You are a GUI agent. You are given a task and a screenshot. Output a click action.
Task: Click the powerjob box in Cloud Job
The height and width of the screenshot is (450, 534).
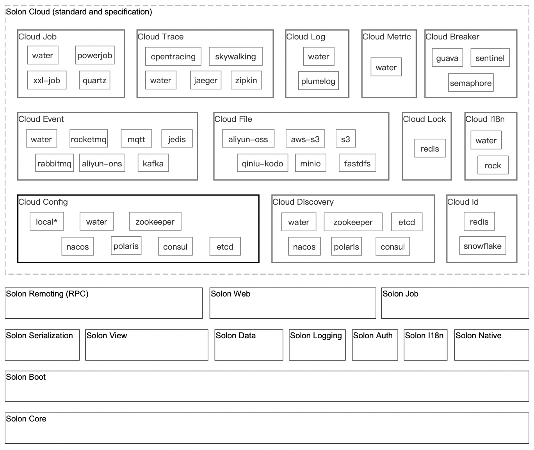tap(95, 55)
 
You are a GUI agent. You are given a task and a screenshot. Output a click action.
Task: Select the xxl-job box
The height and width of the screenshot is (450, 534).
tap(47, 80)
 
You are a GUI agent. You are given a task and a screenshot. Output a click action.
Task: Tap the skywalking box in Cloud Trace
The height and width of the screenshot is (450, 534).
tap(235, 56)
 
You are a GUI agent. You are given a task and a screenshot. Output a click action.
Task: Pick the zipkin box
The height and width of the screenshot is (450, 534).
tap(246, 80)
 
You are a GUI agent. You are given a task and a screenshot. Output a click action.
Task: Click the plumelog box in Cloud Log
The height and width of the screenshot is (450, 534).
tap(319, 81)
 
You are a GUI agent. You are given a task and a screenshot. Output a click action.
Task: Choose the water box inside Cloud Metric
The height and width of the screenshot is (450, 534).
tap(386, 67)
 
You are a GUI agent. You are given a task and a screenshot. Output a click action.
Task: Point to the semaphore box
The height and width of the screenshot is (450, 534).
tap(471, 83)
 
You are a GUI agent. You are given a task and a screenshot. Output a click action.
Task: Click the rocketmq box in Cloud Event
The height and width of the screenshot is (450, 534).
tap(89, 139)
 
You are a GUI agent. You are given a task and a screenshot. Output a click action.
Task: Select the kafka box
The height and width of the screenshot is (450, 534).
tap(153, 163)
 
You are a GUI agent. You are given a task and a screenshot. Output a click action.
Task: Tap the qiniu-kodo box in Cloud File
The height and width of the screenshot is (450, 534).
tap(262, 163)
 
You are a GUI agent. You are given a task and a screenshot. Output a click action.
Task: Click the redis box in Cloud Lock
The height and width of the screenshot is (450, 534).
tap(430, 148)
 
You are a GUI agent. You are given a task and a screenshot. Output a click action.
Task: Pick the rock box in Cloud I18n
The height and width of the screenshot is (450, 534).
tap(493, 165)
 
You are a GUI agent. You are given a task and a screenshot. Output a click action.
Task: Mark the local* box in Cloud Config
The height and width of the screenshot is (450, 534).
tap(47, 221)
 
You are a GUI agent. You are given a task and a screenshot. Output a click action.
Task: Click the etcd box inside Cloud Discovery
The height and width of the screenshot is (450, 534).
tap(407, 222)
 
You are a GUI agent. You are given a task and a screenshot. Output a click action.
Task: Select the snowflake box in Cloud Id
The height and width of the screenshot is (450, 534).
tap(482, 246)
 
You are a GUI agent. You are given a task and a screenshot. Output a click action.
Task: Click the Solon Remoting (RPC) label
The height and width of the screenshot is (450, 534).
tap(47, 294)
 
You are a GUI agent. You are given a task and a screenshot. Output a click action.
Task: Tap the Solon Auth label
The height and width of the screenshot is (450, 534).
tap(373, 335)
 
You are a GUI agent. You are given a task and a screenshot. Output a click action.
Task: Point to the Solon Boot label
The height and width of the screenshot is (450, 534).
tap(26, 377)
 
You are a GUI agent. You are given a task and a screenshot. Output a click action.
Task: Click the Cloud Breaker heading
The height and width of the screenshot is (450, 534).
tap(452, 37)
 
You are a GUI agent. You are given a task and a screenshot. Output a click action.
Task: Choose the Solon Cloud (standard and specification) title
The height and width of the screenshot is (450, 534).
tap(79, 12)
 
